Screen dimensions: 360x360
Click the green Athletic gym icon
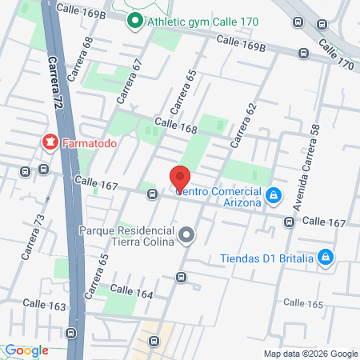coord(134,22)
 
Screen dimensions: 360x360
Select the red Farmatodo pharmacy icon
coord(50,143)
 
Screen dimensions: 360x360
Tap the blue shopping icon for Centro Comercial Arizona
coord(274,194)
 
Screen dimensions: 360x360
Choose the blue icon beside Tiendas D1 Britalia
coord(325,257)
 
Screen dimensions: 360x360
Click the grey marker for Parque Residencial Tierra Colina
coord(186,235)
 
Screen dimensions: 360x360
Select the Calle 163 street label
coord(44,304)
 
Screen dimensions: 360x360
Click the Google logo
coord(27,350)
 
